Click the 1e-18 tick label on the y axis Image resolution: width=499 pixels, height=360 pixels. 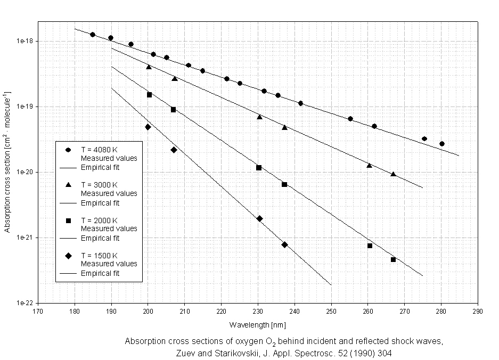[26, 41]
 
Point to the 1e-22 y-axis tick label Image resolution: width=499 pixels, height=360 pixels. [26, 303]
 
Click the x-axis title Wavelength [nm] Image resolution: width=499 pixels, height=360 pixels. [258, 324]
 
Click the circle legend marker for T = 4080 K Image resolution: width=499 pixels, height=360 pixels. [69, 150]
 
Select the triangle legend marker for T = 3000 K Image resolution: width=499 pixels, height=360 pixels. [69, 185]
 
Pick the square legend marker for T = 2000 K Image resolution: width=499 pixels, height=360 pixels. [69, 220]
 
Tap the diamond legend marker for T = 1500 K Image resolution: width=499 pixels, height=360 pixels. [69, 256]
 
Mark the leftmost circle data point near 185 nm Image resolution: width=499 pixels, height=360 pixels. [93, 35]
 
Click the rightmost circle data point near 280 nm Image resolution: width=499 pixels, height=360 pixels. [442, 144]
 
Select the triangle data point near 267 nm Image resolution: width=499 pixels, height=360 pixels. [393, 174]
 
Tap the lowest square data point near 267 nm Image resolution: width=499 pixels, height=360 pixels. [394, 259]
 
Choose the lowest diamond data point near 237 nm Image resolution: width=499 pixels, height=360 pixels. [284, 244]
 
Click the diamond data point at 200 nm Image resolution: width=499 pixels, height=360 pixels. [148, 127]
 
